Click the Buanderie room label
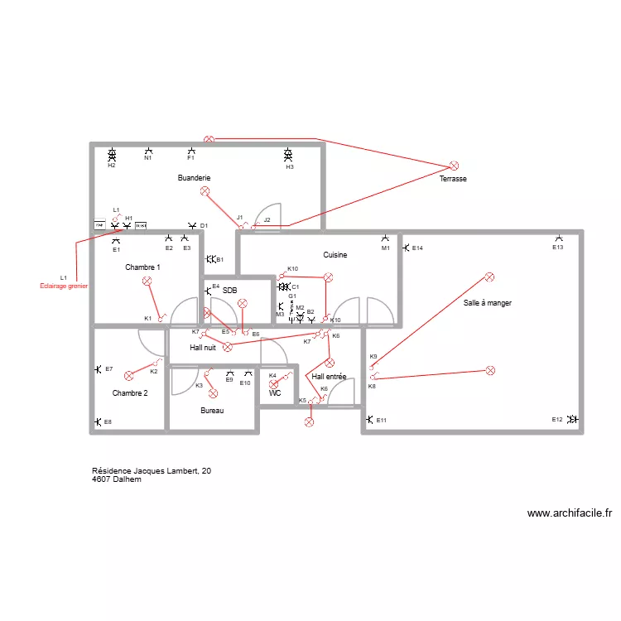[195, 178]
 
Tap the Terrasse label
[453, 179]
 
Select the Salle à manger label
[488, 303]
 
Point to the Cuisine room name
[335, 255]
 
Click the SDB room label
[230, 290]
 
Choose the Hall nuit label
[203, 348]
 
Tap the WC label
[275, 393]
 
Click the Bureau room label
[212, 411]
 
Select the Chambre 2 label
[130, 393]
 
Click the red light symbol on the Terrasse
[454, 166]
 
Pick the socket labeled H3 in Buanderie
[288, 155]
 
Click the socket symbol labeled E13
[559, 238]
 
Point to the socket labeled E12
[572, 420]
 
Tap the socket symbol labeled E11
[369, 420]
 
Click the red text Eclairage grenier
[64, 286]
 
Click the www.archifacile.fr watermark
[569, 513]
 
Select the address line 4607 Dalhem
[116, 479]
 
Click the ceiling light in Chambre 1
[147, 282]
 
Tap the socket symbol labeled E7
[98, 369]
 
